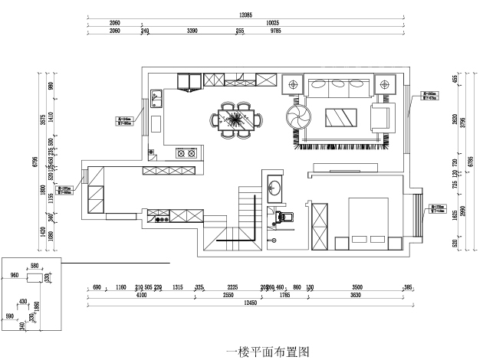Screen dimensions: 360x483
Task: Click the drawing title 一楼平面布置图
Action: (268, 352)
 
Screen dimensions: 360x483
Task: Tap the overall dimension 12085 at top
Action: (245, 15)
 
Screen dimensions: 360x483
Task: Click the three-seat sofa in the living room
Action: (340, 87)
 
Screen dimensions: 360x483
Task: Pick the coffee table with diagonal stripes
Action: (341, 117)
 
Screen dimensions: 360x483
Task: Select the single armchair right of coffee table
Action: (381, 116)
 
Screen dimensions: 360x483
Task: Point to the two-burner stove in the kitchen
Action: (184, 152)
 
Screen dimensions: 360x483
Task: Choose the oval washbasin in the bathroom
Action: (276, 188)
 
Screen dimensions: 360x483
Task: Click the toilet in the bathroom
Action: (284, 217)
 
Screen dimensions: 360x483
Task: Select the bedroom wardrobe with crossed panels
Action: (320, 224)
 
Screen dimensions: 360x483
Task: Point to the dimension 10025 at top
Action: (272, 24)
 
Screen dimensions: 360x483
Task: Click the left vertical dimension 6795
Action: (36, 162)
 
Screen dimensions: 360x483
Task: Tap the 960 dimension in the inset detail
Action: (14, 275)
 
